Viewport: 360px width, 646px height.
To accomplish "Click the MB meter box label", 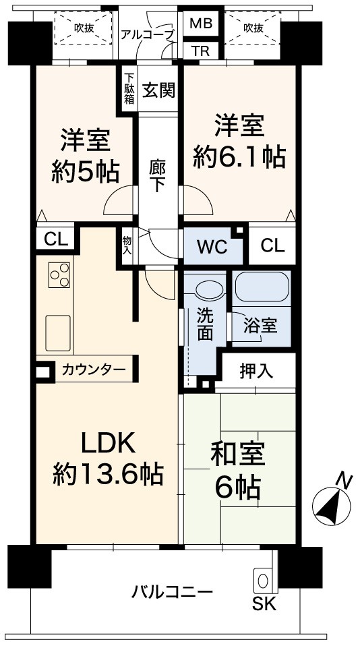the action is [x=201, y=24].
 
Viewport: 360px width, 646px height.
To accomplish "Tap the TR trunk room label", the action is [x=200, y=51].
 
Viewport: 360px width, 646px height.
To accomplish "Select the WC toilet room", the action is [x=212, y=246].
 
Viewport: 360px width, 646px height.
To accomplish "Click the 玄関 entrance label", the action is [x=158, y=90].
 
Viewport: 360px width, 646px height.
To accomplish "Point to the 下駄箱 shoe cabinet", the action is [x=129, y=88].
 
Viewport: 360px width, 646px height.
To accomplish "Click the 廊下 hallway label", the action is [x=158, y=176].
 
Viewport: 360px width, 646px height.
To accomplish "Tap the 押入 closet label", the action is [x=256, y=371].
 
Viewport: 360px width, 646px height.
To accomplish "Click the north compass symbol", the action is [x=332, y=502].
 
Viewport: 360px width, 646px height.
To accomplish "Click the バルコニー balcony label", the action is [x=173, y=593].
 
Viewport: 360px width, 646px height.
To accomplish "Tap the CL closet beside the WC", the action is [x=272, y=246].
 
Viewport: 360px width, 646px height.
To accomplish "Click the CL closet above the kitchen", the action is [x=55, y=239].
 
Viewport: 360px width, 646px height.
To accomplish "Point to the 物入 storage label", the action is [x=127, y=245].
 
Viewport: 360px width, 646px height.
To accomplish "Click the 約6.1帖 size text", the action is [x=239, y=157].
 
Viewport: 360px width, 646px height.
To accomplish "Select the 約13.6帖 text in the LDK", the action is [x=108, y=474].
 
